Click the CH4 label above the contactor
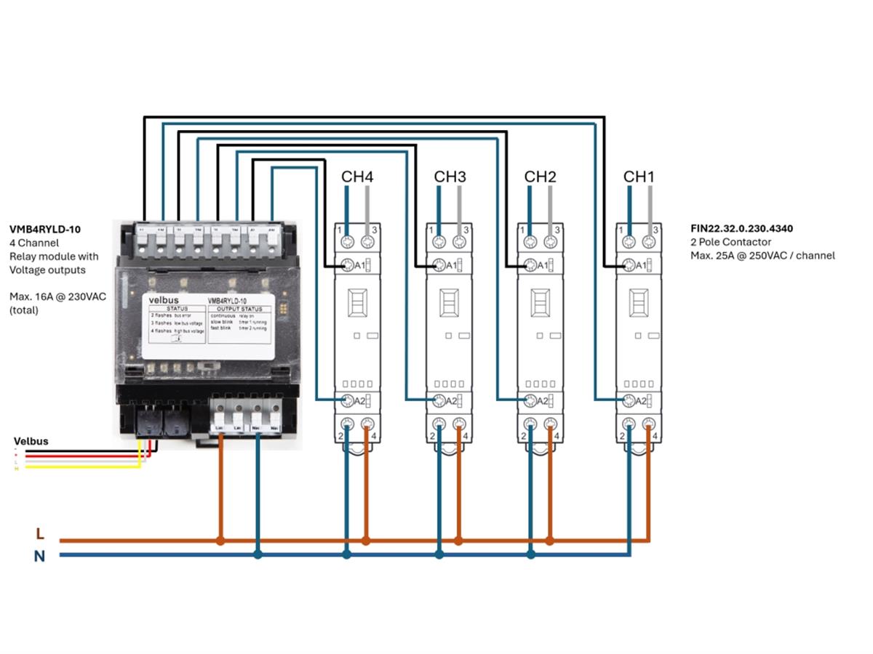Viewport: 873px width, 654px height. click(357, 177)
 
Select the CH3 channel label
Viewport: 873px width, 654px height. click(450, 177)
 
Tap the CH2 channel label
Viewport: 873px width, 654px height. click(540, 177)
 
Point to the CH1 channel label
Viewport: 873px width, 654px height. click(639, 177)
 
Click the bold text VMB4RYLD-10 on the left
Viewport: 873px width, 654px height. click(45, 229)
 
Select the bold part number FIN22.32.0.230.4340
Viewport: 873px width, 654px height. click(741, 228)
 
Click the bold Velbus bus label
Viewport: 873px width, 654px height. click(31, 441)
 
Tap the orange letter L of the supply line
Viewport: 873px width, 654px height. click(40, 534)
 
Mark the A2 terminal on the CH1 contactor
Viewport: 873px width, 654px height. click(630, 400)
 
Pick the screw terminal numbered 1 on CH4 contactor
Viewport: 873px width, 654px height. click(348, 241)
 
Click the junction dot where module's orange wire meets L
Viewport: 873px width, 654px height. click(220, 541)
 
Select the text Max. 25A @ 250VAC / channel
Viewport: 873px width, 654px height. click(762, 255)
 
